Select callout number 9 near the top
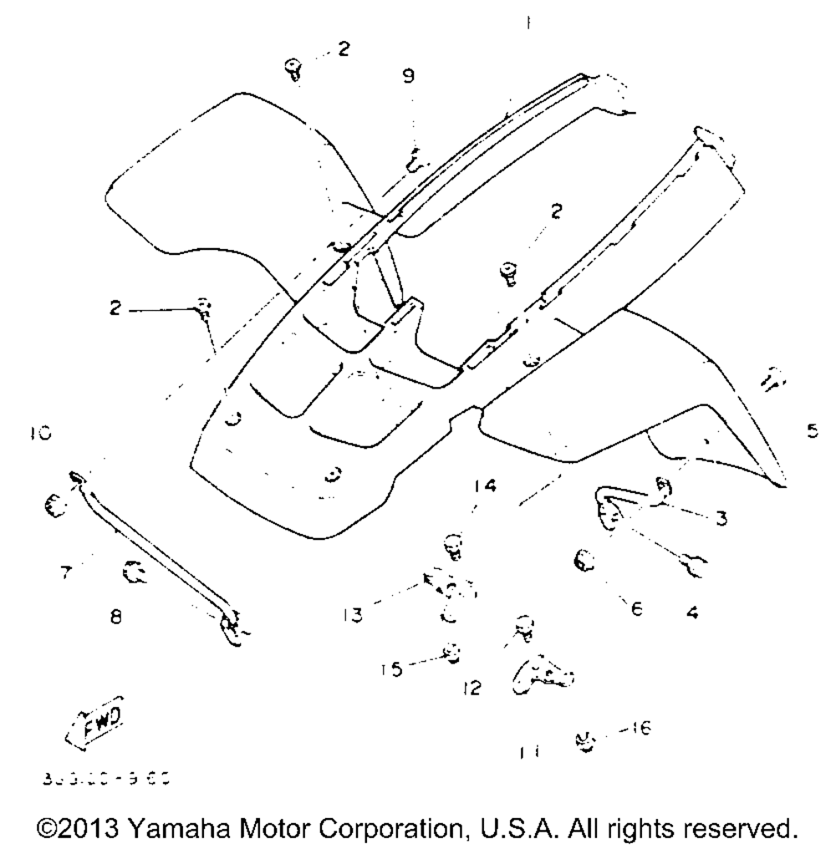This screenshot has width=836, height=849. point(408,76)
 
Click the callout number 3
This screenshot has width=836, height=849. point(719,518)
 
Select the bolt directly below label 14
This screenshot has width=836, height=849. point(452,547)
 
